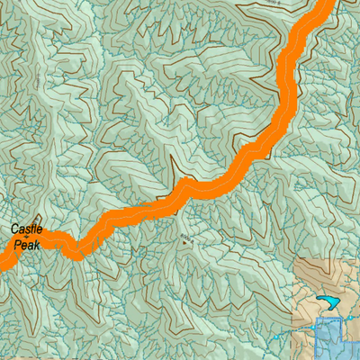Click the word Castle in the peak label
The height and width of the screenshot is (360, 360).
pos(27,230)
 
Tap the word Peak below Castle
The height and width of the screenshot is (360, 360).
pos(27,244)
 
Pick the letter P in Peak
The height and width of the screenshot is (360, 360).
pos(18,244)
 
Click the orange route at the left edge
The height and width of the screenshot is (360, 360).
pos(4,262)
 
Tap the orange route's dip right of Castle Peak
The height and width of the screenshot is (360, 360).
pos(76,252)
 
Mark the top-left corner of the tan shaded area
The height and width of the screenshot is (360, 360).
pos(295,258)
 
